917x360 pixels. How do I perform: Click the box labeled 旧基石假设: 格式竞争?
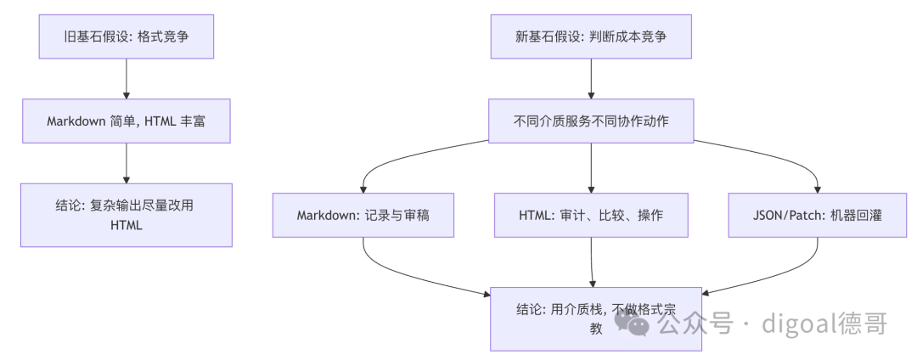point(127,37)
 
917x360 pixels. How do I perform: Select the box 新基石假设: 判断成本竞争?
point(591,37)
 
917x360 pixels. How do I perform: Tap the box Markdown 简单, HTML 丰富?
point(127,121)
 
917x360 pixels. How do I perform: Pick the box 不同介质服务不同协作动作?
point(591,121)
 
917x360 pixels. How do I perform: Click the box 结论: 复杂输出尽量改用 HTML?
point(127,215)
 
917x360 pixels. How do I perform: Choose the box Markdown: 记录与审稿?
point(363,215)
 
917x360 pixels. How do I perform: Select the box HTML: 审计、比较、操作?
point(591,215)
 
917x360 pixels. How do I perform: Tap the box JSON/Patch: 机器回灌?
point(817,215)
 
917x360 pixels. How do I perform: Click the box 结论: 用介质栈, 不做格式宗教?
point(595,319)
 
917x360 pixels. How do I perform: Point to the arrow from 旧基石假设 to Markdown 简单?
point(127,79)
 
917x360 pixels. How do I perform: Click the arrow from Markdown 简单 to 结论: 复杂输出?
point(127,163)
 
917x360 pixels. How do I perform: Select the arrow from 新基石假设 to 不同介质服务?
point(591,79)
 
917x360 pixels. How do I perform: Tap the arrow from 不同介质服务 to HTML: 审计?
point(591,168)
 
